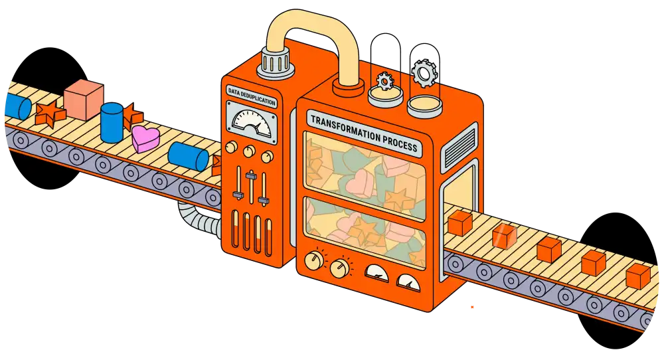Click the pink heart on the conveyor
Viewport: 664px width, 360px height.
(145, 138)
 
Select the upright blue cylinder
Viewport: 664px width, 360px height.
(112, 122)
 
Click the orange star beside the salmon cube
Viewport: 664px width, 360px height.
(49, 113)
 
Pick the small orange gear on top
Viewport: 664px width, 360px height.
(385, 81)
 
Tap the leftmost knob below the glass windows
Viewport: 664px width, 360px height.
(313, 260)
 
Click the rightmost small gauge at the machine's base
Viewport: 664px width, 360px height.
(408, 280)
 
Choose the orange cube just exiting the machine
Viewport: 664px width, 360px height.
(459, 223)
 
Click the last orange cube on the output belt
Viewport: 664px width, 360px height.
(638, 276)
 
